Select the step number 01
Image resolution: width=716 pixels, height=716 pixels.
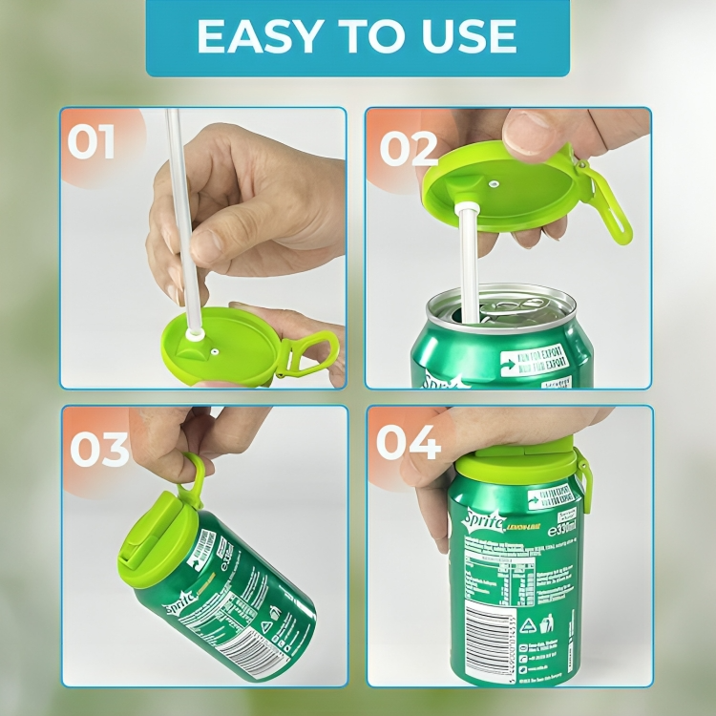(x=92, y=143)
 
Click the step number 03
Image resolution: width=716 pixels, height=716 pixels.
(x=99, y=449)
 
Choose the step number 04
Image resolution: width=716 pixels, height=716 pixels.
(x=409, y=443)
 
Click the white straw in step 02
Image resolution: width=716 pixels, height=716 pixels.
(x=470, y=258)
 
